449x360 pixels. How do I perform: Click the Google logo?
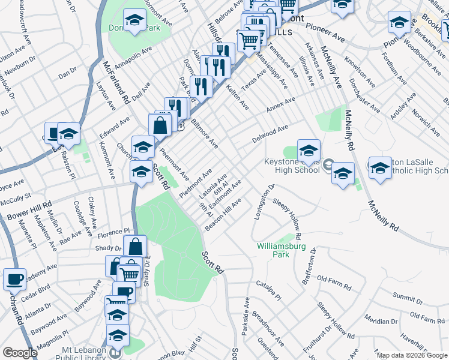tap(19, 353)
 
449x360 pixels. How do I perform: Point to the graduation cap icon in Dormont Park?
tap(134, 20)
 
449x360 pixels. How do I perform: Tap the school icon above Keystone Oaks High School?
tap(309, 150)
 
